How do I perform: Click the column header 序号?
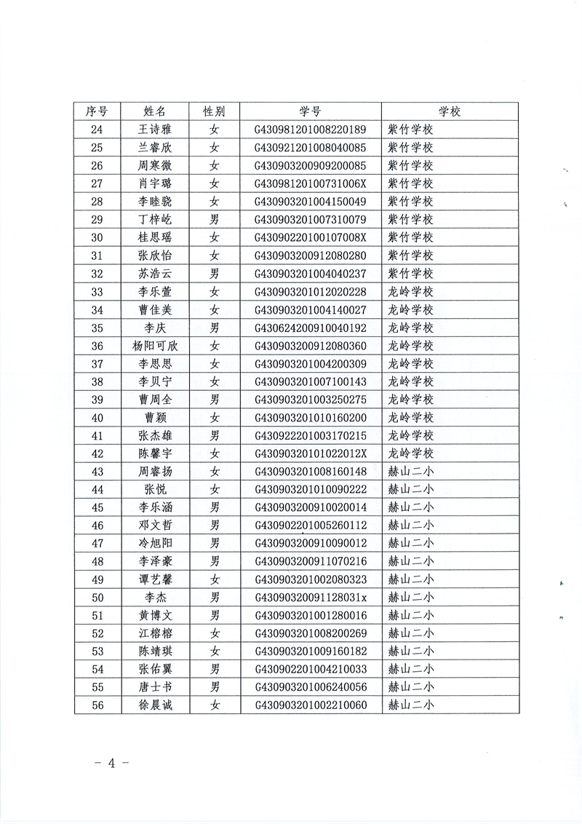[97, 111]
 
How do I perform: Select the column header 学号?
[309, 111]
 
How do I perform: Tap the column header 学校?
[450, 111]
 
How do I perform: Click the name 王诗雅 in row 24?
[155, 130]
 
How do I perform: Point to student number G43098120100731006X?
[309, 183]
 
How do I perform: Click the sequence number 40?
[97, 417]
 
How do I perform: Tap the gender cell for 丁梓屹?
[214, 219]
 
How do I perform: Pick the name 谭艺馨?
[155, 579]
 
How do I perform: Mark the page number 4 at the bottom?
[112, 763]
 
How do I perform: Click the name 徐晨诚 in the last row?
[155, 705]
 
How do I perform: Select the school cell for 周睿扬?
[410, 471]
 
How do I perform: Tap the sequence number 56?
[97, 705]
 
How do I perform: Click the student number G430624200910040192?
[309, 328]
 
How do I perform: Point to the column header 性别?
[214, 111]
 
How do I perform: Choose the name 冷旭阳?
[155, 543]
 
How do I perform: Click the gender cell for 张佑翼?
[214, 668]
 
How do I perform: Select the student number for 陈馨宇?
[309, 453]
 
